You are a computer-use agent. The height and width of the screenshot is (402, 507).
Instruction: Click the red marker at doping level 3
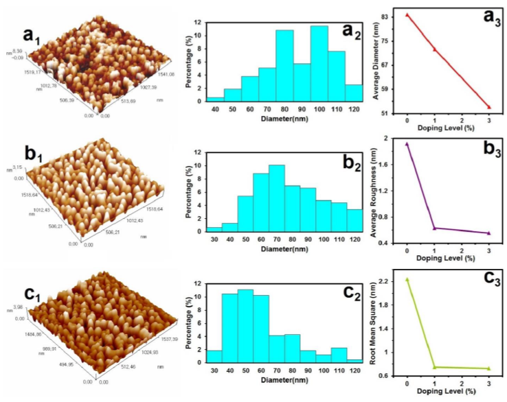click(489, 107)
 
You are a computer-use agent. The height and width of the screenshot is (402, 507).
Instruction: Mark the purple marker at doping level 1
click(434, 228)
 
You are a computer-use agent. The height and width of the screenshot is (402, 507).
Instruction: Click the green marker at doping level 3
click(489, 368)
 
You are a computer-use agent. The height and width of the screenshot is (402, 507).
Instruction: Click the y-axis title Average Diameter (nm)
click(376, 62)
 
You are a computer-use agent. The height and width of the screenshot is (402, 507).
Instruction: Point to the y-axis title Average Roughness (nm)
click(376, 191)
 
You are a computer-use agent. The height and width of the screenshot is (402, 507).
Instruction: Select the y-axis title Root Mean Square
click(376, 328)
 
